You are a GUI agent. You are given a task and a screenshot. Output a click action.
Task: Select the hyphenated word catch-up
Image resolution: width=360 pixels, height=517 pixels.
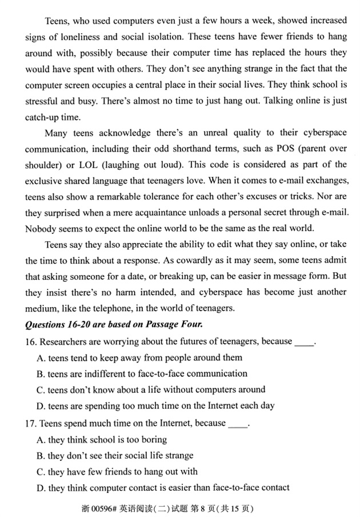click(x=44, y=117)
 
